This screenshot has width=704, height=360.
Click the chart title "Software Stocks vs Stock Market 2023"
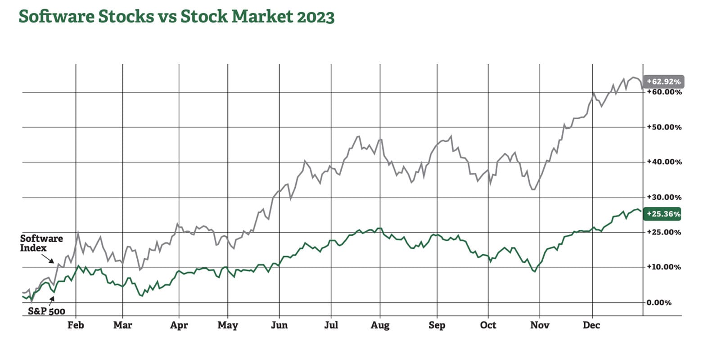[176, 17]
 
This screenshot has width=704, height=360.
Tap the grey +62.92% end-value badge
[663, 82]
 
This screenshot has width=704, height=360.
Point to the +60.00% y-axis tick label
[664, 92]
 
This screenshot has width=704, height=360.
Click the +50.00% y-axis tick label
[664, 127]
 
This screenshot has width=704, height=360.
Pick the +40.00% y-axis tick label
[664, 162]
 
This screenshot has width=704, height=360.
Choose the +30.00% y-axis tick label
[664, 197]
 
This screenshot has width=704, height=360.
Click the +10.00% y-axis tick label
[664, 267]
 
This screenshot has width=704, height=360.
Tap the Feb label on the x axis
[76, 325]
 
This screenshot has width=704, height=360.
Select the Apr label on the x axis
[179, 325]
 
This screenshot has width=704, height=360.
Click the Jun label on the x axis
[279, 325]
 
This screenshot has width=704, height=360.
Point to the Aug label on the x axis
[380, 325]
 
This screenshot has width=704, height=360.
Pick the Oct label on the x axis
[488, 325]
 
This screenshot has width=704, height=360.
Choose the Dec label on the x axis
[591, 325]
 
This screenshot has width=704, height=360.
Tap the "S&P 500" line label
[46, 311]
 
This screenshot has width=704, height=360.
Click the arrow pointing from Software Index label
[47, 258]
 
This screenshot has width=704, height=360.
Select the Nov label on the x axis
[540, 325]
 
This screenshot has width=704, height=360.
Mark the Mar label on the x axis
[122, 325]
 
